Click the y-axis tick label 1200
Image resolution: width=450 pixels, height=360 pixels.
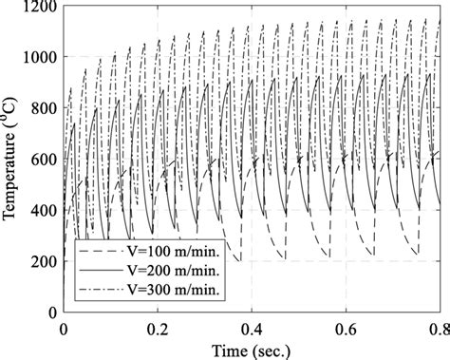click(40, 7)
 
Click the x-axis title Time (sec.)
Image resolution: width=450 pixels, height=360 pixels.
click(252, 348)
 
